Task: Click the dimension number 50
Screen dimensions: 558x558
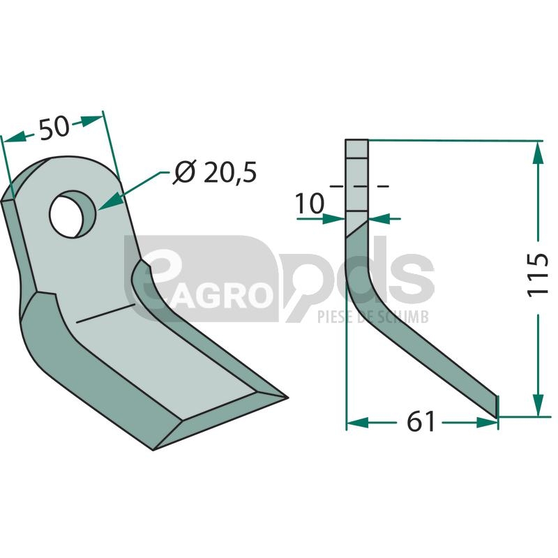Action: pos(54,128)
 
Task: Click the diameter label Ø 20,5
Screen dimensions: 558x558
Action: pos(215,172)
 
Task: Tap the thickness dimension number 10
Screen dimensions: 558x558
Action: pos(310,204)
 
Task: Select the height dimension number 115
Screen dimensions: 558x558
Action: pos(537,274)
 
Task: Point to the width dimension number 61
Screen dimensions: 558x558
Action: pos(421,422)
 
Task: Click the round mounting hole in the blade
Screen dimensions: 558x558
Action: pos(73,214)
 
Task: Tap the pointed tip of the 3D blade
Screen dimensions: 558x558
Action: pos(287,397)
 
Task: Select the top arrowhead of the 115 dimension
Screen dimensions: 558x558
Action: pos(538,152)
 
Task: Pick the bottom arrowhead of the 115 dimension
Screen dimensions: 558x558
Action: pos(538,405)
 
